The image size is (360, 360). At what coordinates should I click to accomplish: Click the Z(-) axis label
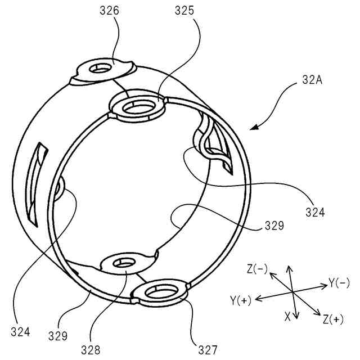(x=258, y=269)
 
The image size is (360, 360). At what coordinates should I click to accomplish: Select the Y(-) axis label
(x=339, y=283)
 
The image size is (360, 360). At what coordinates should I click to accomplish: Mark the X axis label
(x=287, y=317)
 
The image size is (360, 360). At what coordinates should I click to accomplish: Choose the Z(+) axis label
(x=333, y=319)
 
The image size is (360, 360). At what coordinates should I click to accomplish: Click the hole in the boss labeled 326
(x=102, y=68)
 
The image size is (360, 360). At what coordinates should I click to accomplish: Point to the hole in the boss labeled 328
(x=125, y=262)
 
